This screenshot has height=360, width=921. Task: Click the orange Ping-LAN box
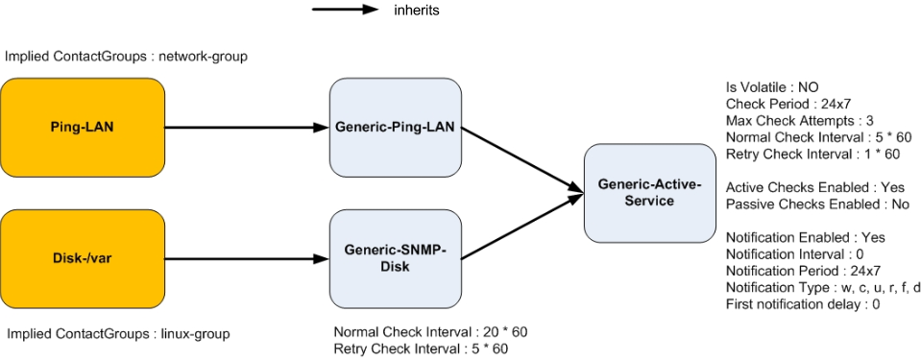(x=83, y=128)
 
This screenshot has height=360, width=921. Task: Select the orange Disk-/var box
(x=83, y=259)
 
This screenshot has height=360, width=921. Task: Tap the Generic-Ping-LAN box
(x=396, y=128)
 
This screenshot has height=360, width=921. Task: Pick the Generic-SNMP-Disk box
(x=396, y=259)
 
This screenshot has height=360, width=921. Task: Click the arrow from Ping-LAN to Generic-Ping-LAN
(x=247, y=128)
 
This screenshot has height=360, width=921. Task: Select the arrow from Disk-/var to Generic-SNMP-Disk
(x=247, y=259)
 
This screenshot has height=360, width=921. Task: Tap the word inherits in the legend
(x=417, y=10)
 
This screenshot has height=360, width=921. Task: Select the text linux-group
(x=195, y=334)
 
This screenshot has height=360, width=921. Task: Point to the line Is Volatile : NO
(x=768, y=88)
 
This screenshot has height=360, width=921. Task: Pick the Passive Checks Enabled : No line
(x=817, y=204)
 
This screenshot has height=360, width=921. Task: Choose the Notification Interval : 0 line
(x=789, y=254)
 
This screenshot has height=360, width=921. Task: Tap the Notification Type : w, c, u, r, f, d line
(x=823, y=288)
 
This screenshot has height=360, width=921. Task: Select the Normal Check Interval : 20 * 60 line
(x=430, y=332)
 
